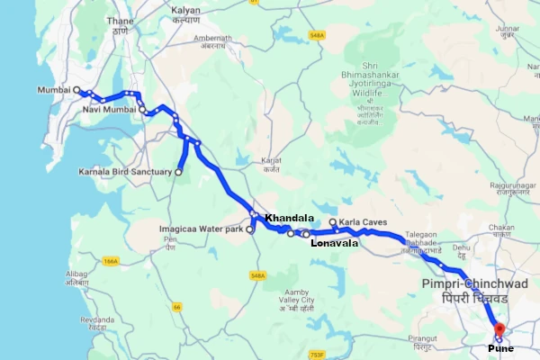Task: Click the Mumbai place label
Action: click(54, 90)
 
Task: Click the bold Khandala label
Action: click(290, 219)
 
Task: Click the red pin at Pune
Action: click(499, 330)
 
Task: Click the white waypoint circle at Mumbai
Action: click(77, 90)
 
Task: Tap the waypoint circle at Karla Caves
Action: click(333, 222)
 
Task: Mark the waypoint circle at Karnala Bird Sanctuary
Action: click(179, 171)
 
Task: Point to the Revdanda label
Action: click(98, 319)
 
